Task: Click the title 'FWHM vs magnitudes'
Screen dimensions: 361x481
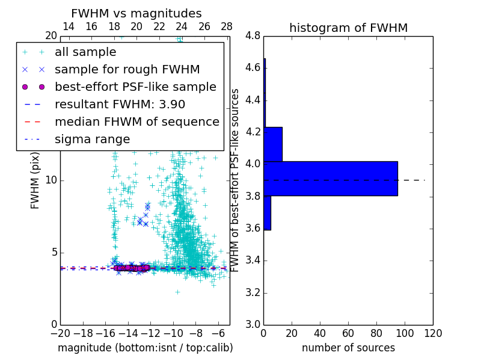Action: (136, 13)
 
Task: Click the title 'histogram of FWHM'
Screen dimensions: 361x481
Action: (348, 28)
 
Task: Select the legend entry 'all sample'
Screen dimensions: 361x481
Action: (85, 52)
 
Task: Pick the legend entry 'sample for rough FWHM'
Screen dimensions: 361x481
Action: (127, 69)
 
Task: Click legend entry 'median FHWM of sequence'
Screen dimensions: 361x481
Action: (136, 122)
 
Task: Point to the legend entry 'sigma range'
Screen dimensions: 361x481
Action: (92, 139)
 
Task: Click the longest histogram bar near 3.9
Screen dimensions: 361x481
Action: (331, 179)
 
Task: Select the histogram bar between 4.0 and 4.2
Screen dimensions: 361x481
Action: (273, 144)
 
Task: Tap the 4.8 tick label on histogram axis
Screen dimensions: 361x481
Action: (253, 36)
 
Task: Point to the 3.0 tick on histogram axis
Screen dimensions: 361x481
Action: (253, 324)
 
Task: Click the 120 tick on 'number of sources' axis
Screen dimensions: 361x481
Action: (433, 333)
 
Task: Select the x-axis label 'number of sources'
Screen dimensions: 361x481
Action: (348, 348)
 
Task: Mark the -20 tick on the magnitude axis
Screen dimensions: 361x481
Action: (60, 333)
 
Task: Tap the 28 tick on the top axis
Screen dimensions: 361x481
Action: (227, 27)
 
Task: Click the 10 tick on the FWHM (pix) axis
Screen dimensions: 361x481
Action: (52, 180)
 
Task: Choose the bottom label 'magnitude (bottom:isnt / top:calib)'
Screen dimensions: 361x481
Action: (145, 348)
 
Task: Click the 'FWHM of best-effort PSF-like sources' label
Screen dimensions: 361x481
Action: (236, 180)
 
